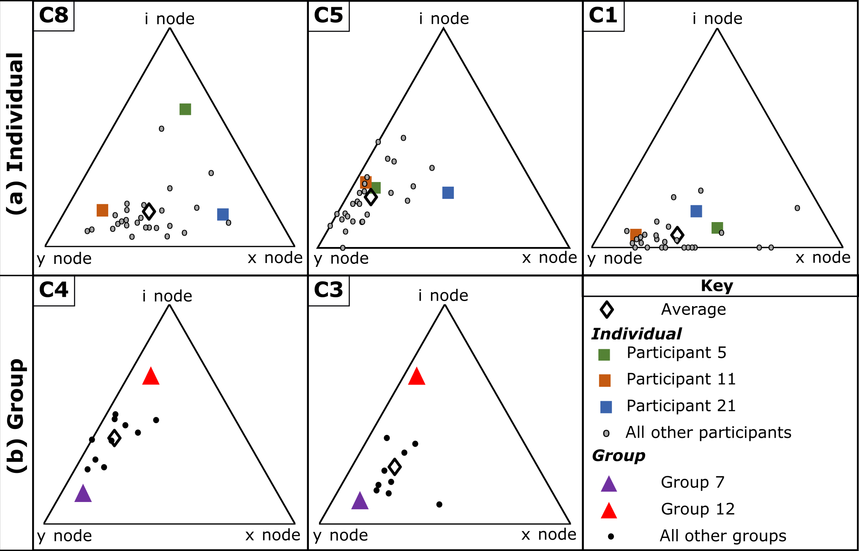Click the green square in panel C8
pos(185,109)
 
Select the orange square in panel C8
pos(102,210)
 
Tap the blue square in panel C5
pos(448,193)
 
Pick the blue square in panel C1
pos(696,211)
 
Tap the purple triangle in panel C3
pos(360,502)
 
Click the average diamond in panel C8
pos(149,211)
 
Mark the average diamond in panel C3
pos(395,467)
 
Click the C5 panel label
pos(328,16)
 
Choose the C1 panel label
pos(603,16)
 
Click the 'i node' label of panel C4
pos(167,296)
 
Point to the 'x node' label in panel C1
pos(823,258)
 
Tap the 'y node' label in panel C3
pos(341,535)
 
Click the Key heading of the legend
pos(717,286)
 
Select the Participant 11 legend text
pos(681,379)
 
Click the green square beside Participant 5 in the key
pos(604,355)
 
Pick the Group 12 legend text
pos(698,509)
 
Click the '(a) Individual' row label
pos(16,134)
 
